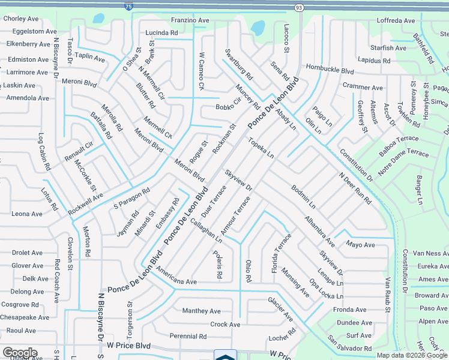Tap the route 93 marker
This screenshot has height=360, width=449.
point(299,7)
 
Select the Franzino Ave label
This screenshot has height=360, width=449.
point(190,20)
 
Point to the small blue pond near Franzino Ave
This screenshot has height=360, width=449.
point(258,28)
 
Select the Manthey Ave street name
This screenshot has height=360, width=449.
point(202,311)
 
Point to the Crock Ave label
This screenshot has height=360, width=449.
point(225,325)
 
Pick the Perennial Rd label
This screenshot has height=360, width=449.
point(188,336)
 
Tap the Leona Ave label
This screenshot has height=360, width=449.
point(27,214)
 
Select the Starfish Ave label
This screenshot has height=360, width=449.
point(389,48)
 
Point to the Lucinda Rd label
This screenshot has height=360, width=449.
point(161,33)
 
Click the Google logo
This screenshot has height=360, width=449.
point(20,353)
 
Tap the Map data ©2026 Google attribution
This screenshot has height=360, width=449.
point(412,355)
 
